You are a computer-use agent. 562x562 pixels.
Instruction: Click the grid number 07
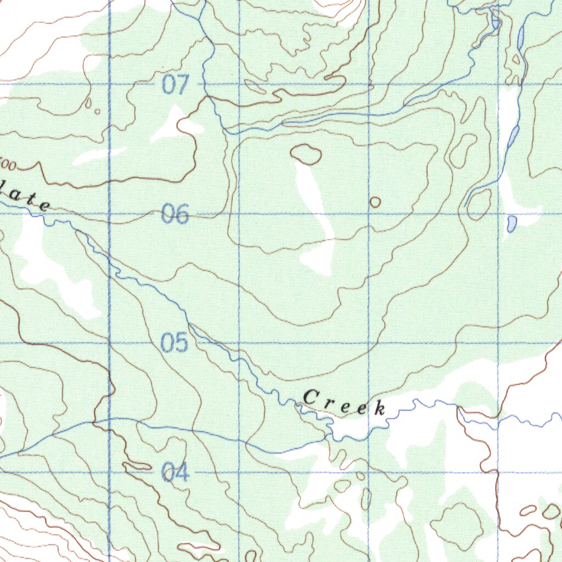pos(176,85)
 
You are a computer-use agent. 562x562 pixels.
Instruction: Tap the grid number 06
pos(175,214)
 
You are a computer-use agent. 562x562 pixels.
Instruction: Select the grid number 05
pos(175,344)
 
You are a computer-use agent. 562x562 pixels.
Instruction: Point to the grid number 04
pos(176,472)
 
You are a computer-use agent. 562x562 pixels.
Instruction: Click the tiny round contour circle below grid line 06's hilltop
pos(375,202)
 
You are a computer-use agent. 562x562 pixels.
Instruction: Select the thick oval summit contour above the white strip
pos(306,154)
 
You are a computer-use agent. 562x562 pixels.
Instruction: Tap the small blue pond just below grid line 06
pos(512,223)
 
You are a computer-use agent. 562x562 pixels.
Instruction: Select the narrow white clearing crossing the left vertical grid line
pos(99,156)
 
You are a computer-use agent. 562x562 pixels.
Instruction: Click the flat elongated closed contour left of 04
pos(137,466)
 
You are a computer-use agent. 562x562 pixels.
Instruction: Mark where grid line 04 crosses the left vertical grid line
pos(110,472)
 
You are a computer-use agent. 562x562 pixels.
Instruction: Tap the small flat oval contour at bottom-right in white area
pos(528,510)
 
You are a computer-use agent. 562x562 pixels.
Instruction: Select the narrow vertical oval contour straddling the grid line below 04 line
pos(366,498)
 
